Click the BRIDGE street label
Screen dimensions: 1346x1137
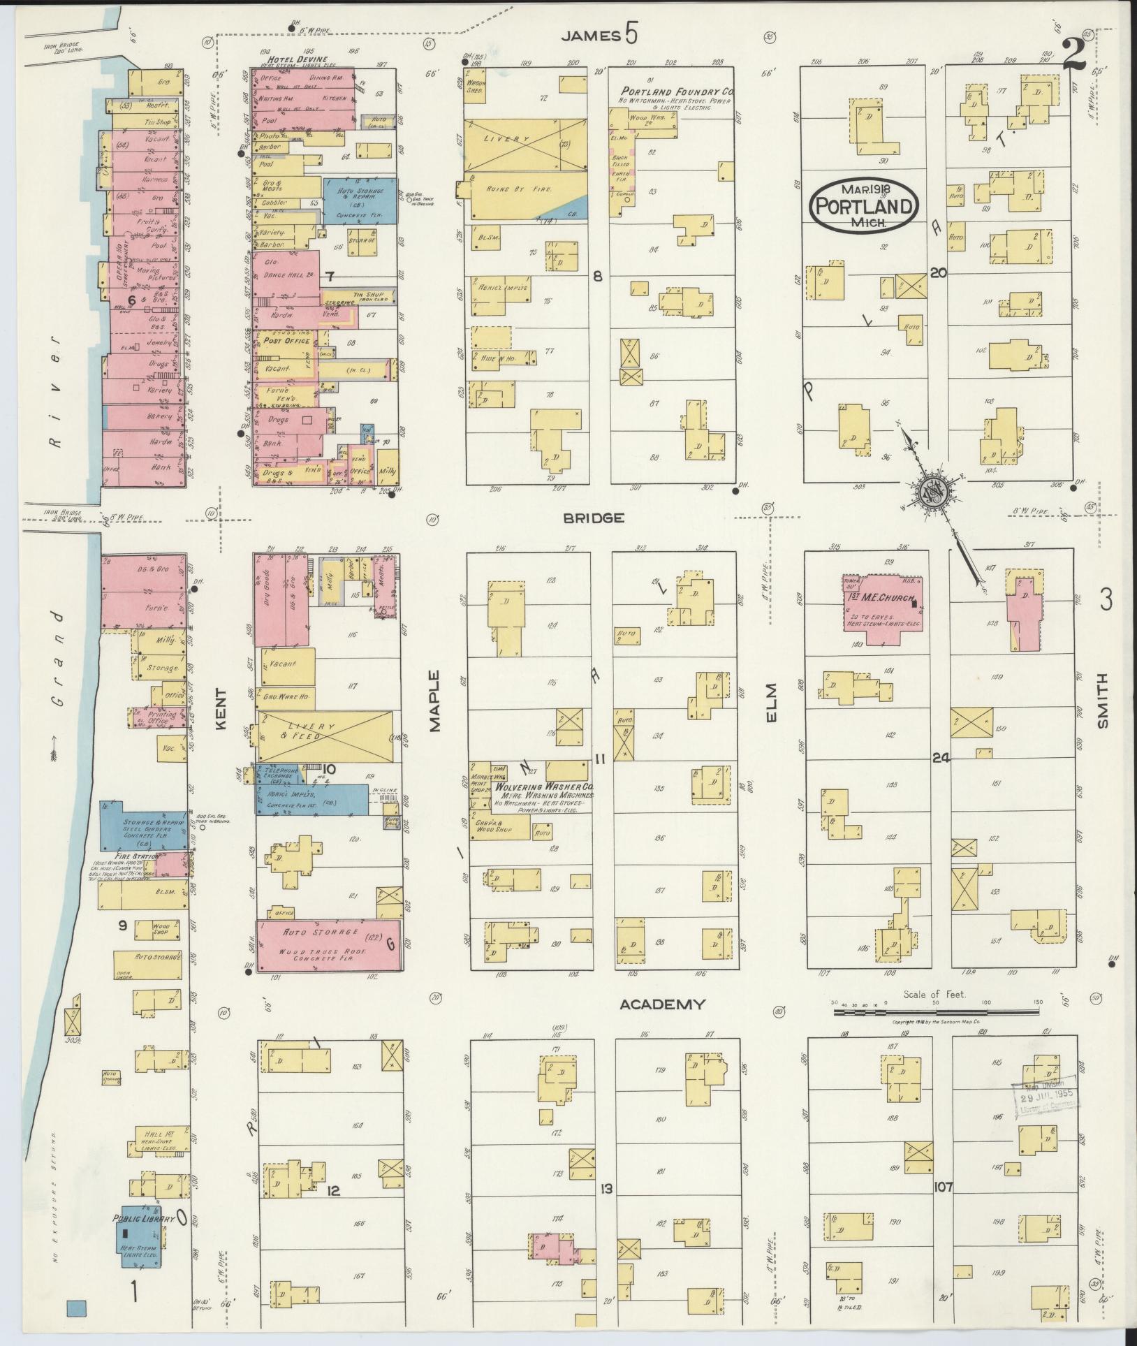point(594,518)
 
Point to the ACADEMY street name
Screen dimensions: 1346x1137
point(662,1004)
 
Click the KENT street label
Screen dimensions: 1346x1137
point(221,709)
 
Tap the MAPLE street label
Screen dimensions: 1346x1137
point(435,701)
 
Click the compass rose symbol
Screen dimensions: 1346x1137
point(932,491)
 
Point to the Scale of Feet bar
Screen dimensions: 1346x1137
point(936,1011)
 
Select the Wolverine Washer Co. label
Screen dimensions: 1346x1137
point(543,786)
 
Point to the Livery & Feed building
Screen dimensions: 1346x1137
point(325,736)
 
